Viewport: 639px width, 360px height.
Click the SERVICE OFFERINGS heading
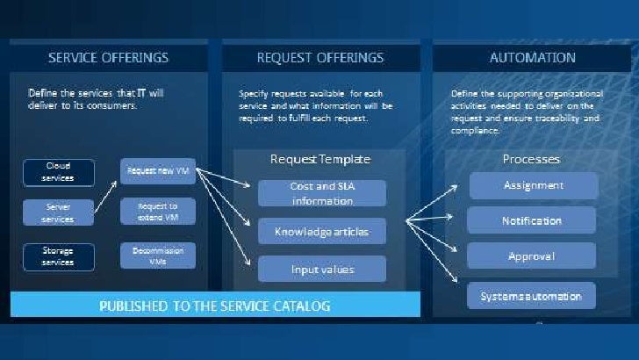[108, 58]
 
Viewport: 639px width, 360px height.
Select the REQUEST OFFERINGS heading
[319, 58]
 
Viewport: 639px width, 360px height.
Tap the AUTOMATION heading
[532, 58]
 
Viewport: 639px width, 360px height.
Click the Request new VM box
[157, 170]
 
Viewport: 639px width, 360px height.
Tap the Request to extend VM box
[157, 212]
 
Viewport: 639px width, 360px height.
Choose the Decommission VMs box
[157, 256]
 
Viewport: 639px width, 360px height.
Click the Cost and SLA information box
[320, 192]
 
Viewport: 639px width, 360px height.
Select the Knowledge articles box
[320, 231]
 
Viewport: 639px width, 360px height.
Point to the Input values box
[320, 269]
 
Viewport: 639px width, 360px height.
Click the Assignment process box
[533, 185]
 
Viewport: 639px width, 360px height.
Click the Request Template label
[319, 160]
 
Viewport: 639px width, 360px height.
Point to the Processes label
[531, 159]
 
